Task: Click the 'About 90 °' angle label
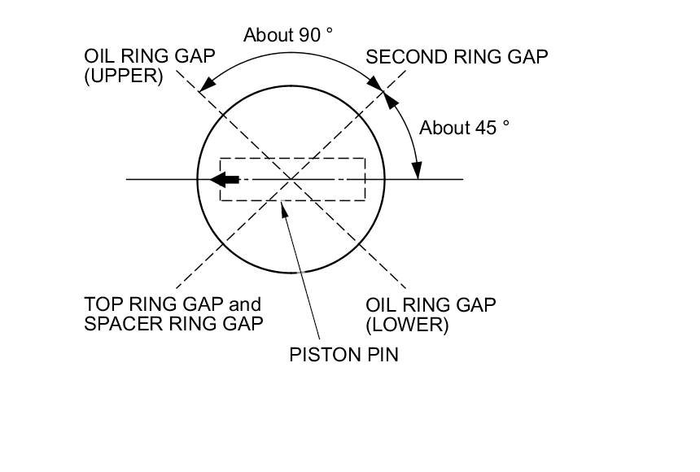(x=289, y=35)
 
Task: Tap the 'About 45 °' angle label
(x=465, y=129)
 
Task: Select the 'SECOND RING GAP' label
(x=457, y=57)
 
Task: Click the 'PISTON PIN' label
(x=343, y=355)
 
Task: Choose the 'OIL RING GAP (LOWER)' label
(x=431, y=314)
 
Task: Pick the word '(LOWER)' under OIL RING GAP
(x=407, y=325)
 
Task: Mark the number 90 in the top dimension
(x=309, y=35)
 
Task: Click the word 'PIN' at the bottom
(x=382, y=355)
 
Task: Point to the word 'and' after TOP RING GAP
(x=245, y=304)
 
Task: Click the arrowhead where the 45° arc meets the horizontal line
(x=416, y=170)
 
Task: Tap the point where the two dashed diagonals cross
(x=291, y=179)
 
